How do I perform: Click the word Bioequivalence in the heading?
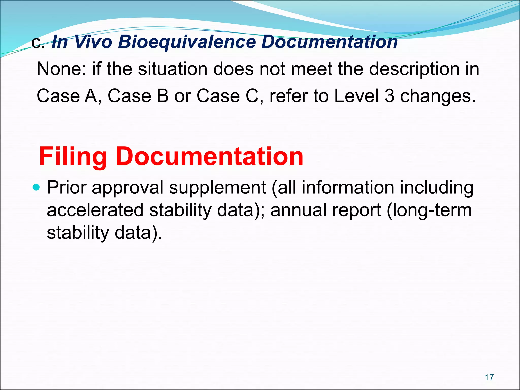tap(187, 42)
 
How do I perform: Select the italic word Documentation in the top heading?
tap(329, 42)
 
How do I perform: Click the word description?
tap(414, 69)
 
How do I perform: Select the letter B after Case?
tap(162, 96)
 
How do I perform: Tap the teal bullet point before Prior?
tap(37, 188)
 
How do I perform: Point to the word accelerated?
tap(95, 210)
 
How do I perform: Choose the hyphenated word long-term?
tap(429, 211)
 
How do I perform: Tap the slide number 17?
tap(489, 377)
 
